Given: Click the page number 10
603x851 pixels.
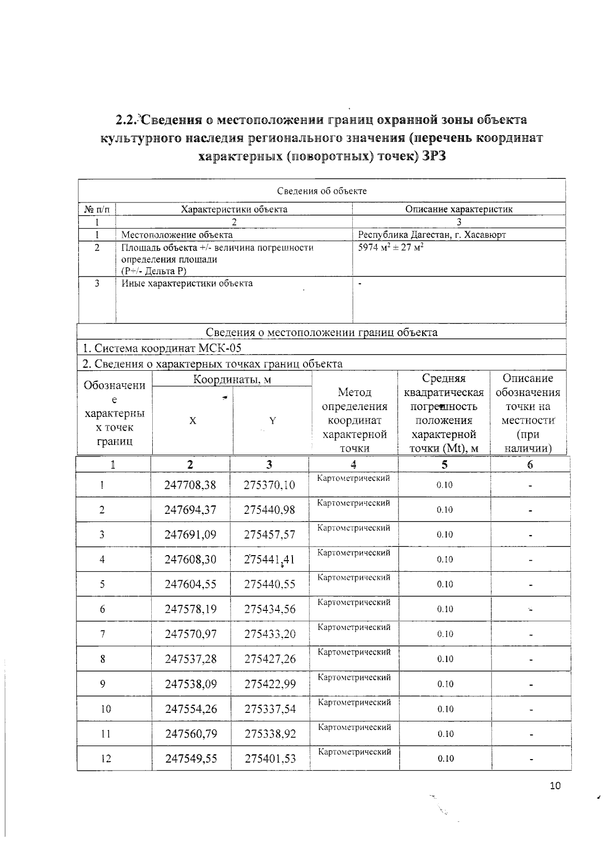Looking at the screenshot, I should point(555,786).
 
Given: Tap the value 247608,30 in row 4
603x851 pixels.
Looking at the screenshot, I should point(190,559).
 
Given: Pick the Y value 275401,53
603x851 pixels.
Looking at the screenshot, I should point(270,758).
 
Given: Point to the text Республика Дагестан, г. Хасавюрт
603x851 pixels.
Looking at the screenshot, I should point(432,235).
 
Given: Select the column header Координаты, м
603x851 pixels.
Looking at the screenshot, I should point(232,379).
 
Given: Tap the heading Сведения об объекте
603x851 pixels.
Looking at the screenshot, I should point(322,191).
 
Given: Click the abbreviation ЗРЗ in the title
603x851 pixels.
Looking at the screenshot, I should point(434,156).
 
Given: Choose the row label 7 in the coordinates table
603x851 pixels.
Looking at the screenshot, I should point(103,633).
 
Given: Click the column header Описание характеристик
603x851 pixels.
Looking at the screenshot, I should point(459,209).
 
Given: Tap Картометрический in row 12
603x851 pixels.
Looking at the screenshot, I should point(355,752).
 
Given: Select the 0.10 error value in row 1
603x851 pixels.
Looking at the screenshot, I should point(444,485).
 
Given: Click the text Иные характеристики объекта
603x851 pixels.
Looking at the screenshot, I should point(187,283).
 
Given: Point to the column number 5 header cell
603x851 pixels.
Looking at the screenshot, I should point(444,465).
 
